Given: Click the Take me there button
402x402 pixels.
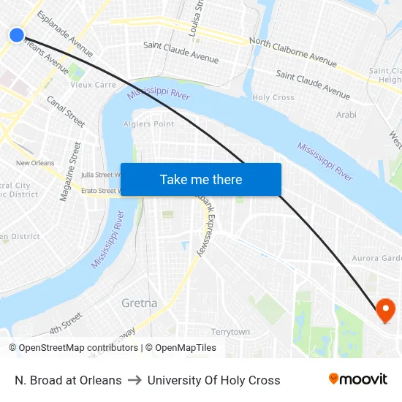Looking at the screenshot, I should click(201, 179).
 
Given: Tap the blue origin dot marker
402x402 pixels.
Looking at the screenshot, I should click(17, 34).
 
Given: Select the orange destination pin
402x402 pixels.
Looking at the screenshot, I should click(385, 311).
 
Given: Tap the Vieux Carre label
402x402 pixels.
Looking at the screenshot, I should click(93, 85).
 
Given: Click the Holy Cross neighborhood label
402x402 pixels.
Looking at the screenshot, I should click(273, 97).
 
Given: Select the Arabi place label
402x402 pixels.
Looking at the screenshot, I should click(346, 115).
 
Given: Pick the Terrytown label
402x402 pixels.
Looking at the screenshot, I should click(230, 332).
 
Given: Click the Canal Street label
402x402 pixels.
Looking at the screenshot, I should click(66, 111).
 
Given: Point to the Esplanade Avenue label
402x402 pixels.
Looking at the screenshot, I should click(64, 34).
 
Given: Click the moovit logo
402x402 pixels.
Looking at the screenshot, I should click(357, 379).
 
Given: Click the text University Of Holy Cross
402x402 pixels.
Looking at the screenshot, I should click(213, 380).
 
